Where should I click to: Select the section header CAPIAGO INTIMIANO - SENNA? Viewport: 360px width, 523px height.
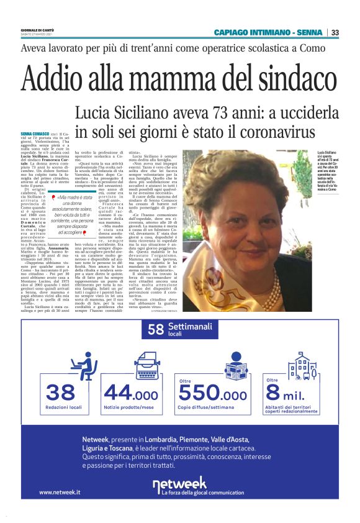pyautogui.click(x=268, y=33)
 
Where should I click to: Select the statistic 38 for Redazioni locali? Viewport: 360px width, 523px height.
pyautogui.click(x=61, y=392)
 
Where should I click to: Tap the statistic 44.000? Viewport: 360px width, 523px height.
pyautogui.click(x=131, y=393)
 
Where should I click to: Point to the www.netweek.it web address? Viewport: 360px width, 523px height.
pyautogui.click(x=60, y=492)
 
